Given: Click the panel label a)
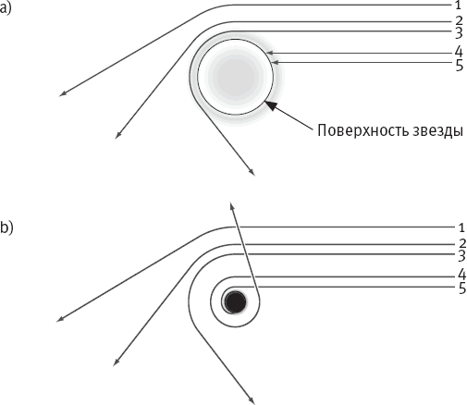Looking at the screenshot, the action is [x=6, y=8].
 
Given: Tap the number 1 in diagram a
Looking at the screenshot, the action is [x=458, y=5].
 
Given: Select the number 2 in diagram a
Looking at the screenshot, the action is [x=459, y=21].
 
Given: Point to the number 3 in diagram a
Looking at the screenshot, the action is [x=459, y=33].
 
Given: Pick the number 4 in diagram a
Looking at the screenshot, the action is [x=459, y=51].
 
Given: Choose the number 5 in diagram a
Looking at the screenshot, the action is [x=460, y=66].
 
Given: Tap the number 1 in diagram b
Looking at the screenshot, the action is [x=461, y=227].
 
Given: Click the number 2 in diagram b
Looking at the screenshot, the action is [x=462, y=243].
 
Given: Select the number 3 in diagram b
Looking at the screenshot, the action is [x=461, y=256].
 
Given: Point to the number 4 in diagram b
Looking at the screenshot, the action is [x=461, y=275].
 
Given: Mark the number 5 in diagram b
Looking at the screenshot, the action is [x=462, y=288].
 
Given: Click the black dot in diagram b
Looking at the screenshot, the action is [x=235, y=301].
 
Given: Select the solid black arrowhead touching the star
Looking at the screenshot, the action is [x=270, y=105].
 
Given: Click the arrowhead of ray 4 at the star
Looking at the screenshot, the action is [x=269, y=53].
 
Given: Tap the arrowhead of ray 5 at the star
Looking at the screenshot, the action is [x=275, y=63].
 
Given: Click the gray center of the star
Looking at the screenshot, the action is [x=236, y=77].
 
